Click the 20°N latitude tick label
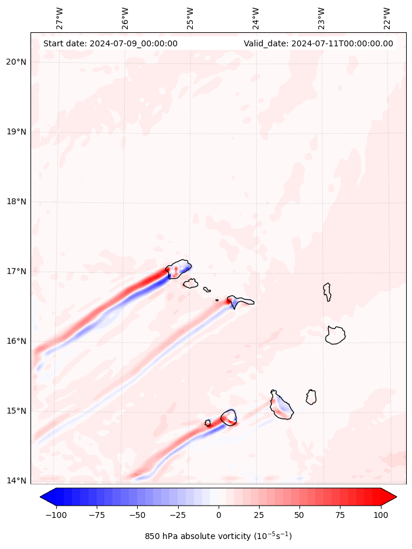tap(15, 62)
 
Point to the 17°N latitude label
tap(15, 272)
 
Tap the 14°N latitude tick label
tap(15, 481)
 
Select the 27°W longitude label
tap(59, 18)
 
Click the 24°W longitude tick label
tap(256, 18)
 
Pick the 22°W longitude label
tap(387, 18)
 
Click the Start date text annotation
tap(110, 43)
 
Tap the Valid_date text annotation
tap(318, 43)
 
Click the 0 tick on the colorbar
tap(219, 515)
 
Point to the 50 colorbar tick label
tap(299, 515)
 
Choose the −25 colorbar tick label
tap(178, 515)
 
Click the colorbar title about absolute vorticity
tap(218, 536)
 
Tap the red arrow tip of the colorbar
tap(390, 497)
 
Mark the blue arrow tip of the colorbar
tap(47, 497)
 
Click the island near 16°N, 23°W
tap(335, 335)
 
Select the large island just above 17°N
tap(179, 269)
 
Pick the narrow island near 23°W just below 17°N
tap(327, 292)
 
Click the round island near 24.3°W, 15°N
tap(229, 417)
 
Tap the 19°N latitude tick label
tap(15, 132)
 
